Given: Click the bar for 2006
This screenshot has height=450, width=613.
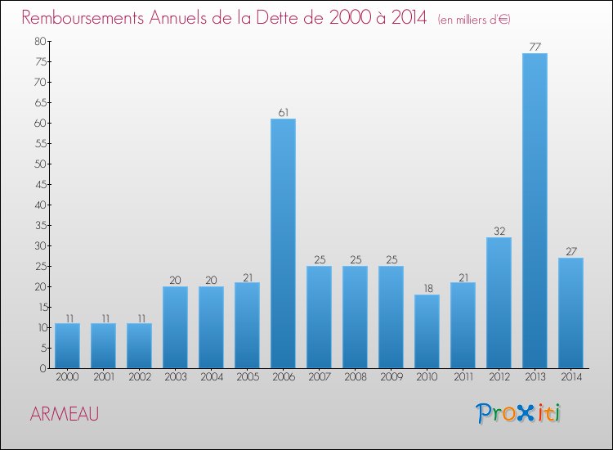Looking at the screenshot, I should [x=283, y=244].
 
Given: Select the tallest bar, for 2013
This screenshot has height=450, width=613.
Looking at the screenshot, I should [x=535, y=211].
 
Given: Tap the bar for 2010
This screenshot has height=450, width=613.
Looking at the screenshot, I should [x=427, y=331].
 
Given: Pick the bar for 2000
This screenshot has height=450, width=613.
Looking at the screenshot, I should [x=67, y=346].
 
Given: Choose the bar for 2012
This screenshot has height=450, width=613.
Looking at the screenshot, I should [x=499, y=303].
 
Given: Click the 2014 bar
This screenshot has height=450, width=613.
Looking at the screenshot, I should [x=570, y=313].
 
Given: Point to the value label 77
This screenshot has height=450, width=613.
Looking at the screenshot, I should [x=535, y=47].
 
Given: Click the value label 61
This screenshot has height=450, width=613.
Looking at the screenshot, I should [x=283, y=112].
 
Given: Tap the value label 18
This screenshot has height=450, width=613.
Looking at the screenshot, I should [x=427, y=288].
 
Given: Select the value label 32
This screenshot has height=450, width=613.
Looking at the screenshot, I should [x=499, y=231].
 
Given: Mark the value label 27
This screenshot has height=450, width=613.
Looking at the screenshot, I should [x=570, y=251].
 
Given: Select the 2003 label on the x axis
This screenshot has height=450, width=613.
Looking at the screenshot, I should [x=175, y=378].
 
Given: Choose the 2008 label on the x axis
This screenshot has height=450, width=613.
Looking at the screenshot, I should [x=355, y=378].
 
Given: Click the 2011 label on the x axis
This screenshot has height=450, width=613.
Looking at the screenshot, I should [x=463, y=378].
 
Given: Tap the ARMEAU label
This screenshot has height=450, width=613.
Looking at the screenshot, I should [x=64, y=414].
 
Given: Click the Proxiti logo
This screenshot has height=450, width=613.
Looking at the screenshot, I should [x=519, y=413].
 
